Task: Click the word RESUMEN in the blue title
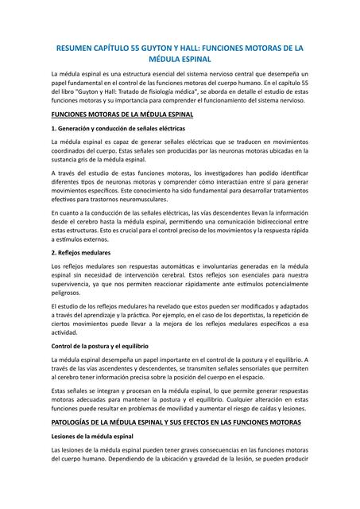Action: point(75,49)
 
